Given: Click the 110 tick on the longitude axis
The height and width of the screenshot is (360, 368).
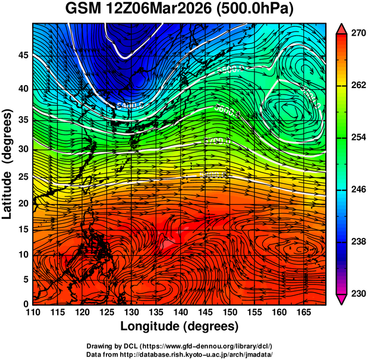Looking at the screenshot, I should [x=33, y=313].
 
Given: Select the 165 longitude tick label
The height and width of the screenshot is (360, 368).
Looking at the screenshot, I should [x=302, y=313].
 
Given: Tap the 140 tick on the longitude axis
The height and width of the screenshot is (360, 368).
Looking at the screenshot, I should [x=180, y=313].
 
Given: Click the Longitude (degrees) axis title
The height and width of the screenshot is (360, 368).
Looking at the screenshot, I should [x=180, y=326].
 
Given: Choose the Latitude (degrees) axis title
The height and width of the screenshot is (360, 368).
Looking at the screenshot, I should [x=8, y=163].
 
